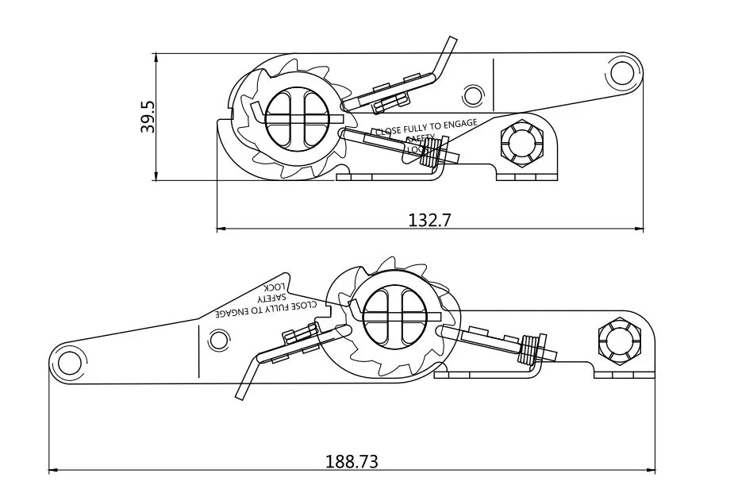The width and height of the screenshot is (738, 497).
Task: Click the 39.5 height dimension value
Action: tap(148, 117)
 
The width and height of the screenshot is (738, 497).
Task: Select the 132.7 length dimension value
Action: tap(429, 220)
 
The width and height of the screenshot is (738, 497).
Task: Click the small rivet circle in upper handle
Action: tap(473, 95)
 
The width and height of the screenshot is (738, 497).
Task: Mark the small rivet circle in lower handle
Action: tap(217, 342)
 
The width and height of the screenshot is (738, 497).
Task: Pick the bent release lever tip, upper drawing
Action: tap(449, 44)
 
